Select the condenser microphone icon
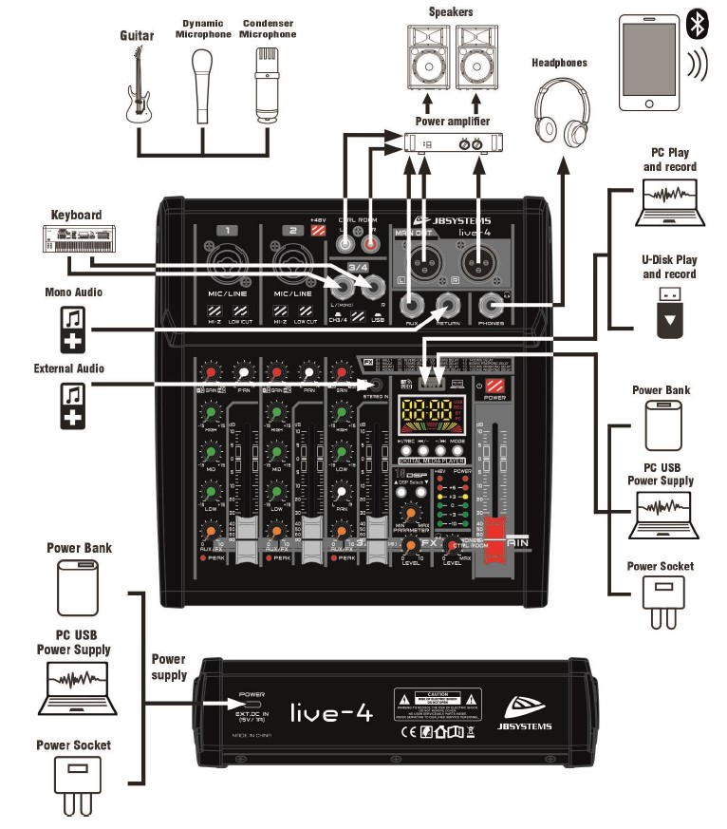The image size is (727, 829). tap(269, 81)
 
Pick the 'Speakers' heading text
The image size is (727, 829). tap(450, 12)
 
